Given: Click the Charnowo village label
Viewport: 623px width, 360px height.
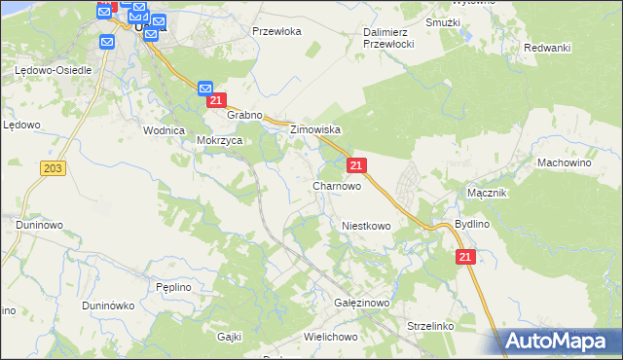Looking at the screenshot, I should point(337,186).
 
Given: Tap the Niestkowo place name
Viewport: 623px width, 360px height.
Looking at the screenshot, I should point(366,226).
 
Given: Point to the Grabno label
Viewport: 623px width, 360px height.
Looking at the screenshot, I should point(245,115).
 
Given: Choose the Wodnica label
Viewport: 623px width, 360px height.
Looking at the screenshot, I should point(164,130).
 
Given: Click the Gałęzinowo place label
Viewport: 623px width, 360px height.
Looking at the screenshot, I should point(361,304).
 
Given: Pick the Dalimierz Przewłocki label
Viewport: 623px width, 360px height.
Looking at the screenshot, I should point(389,38).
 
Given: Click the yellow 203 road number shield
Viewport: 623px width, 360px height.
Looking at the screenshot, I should point(54,169).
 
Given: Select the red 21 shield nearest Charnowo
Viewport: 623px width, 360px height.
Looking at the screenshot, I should point(357,166).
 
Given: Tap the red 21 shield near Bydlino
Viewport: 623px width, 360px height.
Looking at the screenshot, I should point(465,256).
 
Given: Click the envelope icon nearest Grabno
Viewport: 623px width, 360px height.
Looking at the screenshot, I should point(205,89).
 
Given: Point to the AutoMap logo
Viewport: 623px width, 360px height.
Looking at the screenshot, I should point(561,341).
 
